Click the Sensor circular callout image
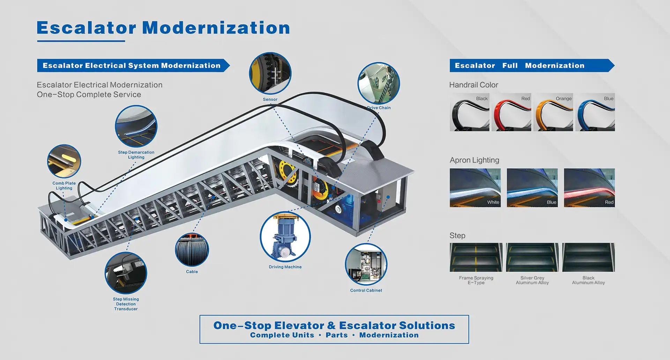tap(270, 73)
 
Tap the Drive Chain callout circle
tap(379, 83)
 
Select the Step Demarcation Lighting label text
tap(136, 155)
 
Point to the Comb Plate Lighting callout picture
tap(64, 161)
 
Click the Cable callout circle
tap(192, 250)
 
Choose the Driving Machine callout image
tap(285, 237)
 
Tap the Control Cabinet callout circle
tap(366, 264)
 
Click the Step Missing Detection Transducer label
tap(126, 304)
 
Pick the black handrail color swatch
tap(470, 112)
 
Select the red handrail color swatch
tap(512, 112)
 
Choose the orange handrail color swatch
tap(553, 112)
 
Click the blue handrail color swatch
tap(595, 112)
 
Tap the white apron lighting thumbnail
tap(475, 188)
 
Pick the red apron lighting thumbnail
tap(589, 188)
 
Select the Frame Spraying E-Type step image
tap(476, 257)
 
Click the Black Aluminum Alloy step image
tap(589, 257)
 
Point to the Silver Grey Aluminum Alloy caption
tap(533, 280)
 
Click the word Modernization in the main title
tap(216, 28)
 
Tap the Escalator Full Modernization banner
tap(532, 66)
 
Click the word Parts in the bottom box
tap(337, 335)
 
